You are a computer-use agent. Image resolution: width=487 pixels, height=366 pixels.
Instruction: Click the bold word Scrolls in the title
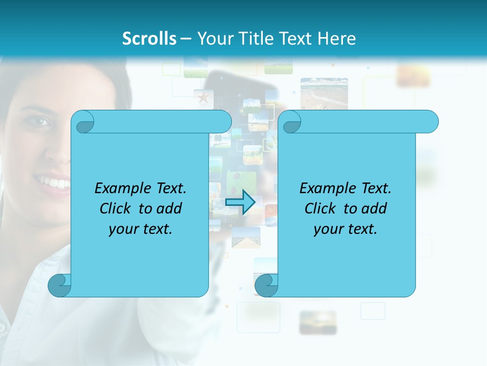point(149,38)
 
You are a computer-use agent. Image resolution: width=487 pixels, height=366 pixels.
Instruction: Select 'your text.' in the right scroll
point(345,229)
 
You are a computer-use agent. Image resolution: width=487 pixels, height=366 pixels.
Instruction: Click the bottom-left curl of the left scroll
point(59,286)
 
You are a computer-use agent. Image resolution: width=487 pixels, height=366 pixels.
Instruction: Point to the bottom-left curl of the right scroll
point(266,286)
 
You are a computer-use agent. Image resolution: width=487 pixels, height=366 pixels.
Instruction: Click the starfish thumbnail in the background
point(203,97)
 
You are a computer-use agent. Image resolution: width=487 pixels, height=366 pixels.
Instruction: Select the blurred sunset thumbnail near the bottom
point(318,322)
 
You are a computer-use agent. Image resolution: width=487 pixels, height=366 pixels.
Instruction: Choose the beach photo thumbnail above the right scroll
point(324,94)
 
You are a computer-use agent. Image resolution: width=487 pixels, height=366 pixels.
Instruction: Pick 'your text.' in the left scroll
point(141,229)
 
